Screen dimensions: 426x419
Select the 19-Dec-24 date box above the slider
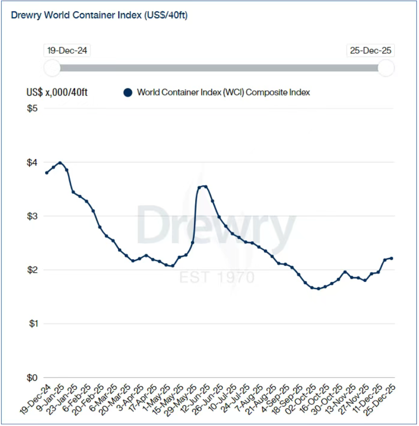(x=67, y=51)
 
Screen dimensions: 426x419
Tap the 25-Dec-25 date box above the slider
(x=371, y=51)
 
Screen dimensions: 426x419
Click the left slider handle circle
(x=52, y=68)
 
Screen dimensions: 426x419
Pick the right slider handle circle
(x=386, y=68)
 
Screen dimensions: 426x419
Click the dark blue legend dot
(x=128, y=92)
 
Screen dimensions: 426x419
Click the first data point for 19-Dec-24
(x=47, y=173)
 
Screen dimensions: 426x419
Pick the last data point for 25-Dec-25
(x=391, y=258)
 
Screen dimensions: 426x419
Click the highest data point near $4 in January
(x=60, y=163)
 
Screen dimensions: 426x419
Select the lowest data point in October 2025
(x=318, y=288)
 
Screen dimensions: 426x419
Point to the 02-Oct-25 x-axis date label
(x=304, y=399)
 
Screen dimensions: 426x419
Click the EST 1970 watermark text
(x=217, y=277)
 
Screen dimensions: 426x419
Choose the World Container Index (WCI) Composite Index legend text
(x=223, y=92)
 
